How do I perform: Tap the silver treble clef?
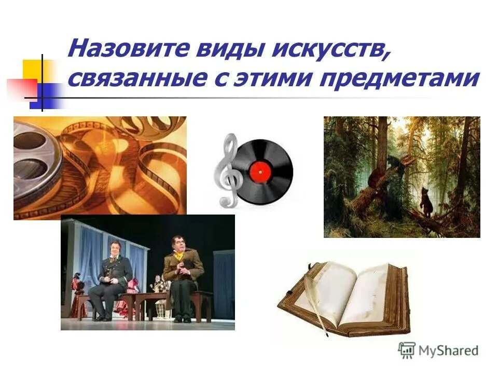point(227,169)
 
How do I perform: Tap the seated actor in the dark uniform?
point(110,275)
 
